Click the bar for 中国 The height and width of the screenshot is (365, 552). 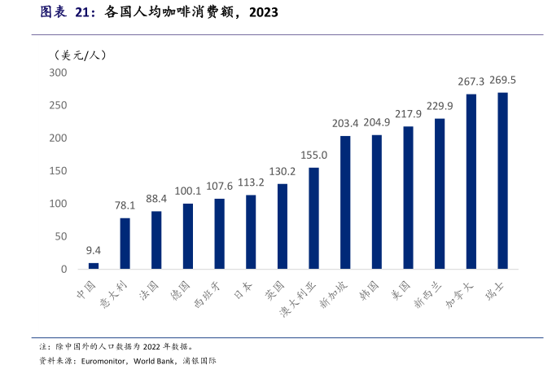94,266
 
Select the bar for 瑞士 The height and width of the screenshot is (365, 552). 502,181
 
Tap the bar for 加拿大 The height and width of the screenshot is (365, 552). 471,182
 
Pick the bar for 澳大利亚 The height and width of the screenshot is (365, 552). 313,218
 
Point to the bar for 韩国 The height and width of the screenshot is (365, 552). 377,202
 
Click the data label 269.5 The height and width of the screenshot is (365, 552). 502,80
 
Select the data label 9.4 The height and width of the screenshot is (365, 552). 94,250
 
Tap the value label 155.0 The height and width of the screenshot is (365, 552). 313,155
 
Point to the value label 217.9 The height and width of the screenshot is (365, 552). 408,114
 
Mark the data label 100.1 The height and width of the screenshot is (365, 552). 188,191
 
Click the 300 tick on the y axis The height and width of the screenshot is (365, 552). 57,73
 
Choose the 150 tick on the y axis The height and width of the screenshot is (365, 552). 57,171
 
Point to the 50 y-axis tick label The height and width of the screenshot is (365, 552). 60,236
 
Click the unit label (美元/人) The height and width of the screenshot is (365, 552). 79,55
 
